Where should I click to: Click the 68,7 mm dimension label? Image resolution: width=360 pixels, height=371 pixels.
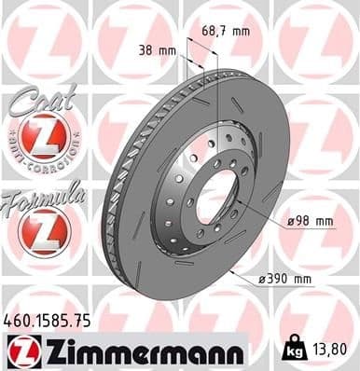tap(227, 32)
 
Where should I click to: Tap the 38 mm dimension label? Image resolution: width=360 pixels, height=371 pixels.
tap(156, 49)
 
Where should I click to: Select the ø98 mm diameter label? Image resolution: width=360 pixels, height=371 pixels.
tap(311, 221)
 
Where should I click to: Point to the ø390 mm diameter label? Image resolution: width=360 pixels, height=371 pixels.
tap(285, 278)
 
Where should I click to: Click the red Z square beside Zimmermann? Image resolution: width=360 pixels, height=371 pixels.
tap(21, 350)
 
